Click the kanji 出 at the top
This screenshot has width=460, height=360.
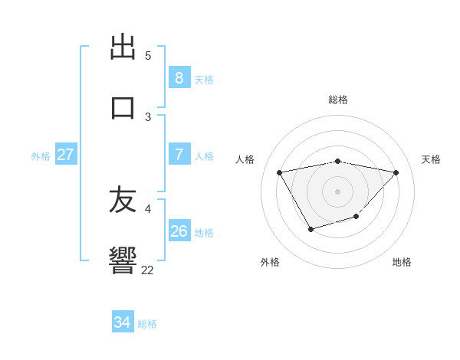(123, 47)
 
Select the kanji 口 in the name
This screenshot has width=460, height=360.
(123, 107)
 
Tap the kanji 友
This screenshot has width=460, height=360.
(123, 201)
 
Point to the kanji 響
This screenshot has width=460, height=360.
(123, 260)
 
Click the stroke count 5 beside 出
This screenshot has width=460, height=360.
(148, 56)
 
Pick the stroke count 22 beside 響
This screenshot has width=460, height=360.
(147, 270)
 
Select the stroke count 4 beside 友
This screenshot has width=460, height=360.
(148, 208)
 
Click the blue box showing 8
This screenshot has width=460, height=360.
(179, 78)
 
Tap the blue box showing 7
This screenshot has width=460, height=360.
(179, 155)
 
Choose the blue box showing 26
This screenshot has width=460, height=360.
(179, 231)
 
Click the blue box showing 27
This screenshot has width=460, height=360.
(65, 155)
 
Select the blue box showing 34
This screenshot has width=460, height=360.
(122, 322)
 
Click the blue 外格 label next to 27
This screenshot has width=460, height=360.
(41, 156)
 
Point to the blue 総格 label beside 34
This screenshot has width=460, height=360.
(147, 324)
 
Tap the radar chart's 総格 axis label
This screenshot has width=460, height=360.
(338, 100)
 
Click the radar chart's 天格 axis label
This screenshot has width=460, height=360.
(431, 159)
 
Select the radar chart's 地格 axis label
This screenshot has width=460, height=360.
(402, 262)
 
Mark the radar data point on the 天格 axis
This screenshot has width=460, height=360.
(396, 172)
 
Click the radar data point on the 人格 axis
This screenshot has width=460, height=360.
(279, 172)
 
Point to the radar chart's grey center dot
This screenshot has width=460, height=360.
(337, 191)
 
